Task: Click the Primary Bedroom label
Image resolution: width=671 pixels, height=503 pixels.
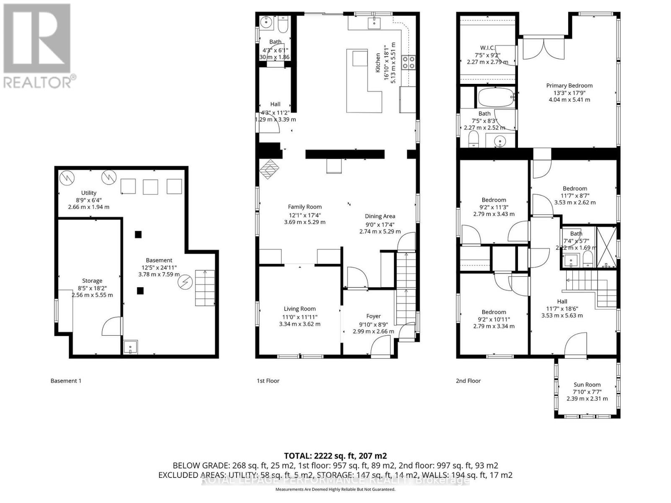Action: (569, 86)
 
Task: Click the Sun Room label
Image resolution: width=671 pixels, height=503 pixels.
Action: (587, 384)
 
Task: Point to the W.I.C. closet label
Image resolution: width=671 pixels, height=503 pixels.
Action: (488, 48)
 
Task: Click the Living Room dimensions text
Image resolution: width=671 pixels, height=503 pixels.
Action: (299, 320)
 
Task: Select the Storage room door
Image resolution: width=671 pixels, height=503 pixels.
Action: (112, 326)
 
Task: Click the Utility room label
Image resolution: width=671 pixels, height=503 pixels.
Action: (89, 193)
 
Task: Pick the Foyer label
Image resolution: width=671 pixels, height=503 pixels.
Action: (373, 316)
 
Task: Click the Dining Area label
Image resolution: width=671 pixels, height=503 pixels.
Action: (380, 216)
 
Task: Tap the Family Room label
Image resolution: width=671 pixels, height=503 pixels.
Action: (304, 207)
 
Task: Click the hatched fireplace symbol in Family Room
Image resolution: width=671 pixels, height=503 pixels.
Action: (269, 169)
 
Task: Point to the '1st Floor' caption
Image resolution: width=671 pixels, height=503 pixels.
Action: (268, 381)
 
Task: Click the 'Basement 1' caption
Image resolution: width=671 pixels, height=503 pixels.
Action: (66, 381)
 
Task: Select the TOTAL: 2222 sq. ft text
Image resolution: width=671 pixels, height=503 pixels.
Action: (335, 456)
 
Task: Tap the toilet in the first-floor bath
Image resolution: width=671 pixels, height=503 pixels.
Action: (283, 26)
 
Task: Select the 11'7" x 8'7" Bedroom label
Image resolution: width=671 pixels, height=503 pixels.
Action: (575, 189)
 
